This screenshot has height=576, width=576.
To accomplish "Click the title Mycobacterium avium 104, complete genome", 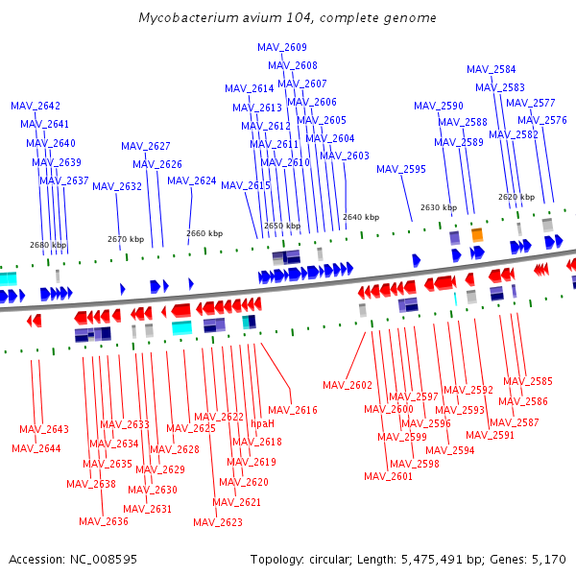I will (x=287, y=18).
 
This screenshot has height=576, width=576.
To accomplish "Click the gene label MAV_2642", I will (x=36, y=106).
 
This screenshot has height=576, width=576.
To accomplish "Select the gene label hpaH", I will (x=262, y=423).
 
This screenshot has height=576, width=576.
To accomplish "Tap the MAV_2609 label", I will (x=282, y=47).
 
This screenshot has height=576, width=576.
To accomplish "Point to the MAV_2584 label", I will (x=491, y=69).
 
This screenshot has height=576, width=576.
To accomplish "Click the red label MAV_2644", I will (x=36, y=448).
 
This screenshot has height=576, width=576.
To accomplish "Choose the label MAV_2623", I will (x=218, y=522).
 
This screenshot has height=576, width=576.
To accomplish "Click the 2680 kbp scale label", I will (x=48, y=245).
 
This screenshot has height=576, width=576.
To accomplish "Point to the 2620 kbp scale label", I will (x=516, y=197).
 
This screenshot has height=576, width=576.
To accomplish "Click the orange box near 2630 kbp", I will (x=477, y=234).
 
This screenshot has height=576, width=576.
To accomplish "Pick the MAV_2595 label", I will (x=401, y=169).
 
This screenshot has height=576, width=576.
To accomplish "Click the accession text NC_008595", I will (x=73, y=559).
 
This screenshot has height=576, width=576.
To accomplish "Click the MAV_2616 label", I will (x=292, y=410).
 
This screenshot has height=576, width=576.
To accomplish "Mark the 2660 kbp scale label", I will (x=204, y=233).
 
